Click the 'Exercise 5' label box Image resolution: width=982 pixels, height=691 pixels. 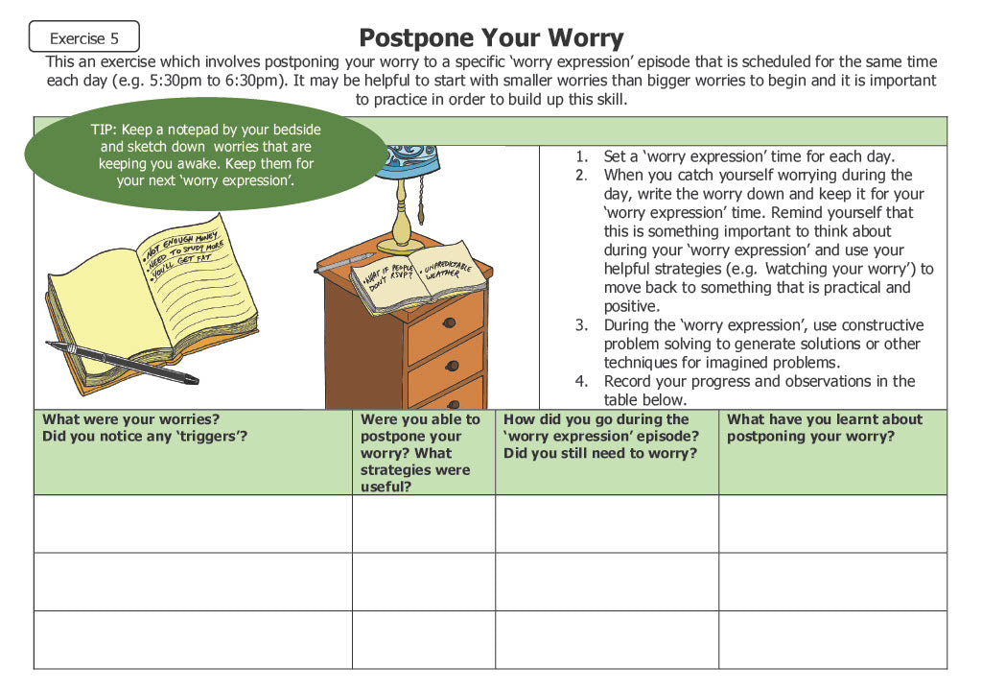click(x=84, y=38)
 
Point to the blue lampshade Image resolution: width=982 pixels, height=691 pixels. click(x=409, y=163)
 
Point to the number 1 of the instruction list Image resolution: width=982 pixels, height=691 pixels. click(x=581, y=156)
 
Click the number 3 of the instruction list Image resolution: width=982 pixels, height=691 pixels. click(x=581, y=325)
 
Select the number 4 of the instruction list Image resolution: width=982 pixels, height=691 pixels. click(x=581, y=381)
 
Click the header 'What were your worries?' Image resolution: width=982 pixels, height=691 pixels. click(x=131, y=419)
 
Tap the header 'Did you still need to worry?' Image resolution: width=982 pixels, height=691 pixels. click(x=600, y=453)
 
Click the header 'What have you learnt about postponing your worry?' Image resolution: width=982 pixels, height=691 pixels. click(x=824, y=428)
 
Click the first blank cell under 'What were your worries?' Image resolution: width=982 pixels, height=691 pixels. click(x=193, y=523)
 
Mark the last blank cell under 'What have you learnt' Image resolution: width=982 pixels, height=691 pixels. click(x=832, y=639)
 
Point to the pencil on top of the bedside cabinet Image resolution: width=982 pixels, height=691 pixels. click(x=345, y=262)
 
